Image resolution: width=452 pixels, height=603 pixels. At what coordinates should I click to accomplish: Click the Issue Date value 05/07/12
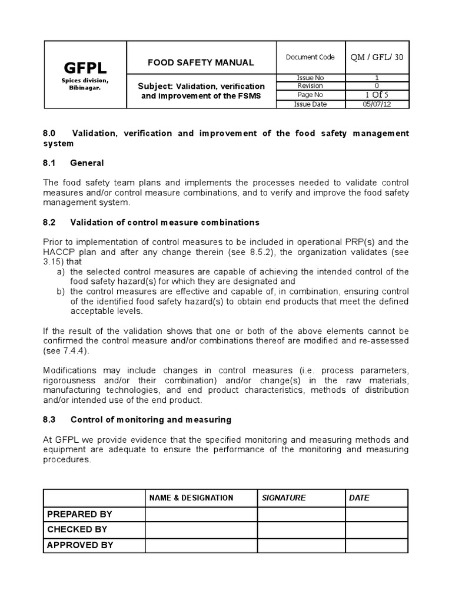[377, 104]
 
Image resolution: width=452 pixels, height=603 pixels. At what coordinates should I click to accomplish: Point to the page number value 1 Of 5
[377, 95]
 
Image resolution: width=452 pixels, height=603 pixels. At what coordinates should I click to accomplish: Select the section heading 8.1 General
[74, 163]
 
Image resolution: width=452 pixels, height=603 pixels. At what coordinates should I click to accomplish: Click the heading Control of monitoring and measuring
[151, 420]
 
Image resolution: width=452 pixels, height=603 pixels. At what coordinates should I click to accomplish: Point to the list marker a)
[61, 271]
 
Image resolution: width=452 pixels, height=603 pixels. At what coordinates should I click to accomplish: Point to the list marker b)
[61, 291]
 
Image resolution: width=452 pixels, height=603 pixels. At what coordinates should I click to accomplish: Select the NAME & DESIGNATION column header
[191, 498]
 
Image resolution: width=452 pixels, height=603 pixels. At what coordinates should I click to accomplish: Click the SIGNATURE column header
[284, 498]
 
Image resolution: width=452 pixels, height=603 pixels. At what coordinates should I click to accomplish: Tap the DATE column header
[359, 498]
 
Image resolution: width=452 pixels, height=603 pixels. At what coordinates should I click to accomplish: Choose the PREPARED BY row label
[79, 514]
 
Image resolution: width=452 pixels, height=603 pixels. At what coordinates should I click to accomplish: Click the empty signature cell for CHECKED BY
[301, 529]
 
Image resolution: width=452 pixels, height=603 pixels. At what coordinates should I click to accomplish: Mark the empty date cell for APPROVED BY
[376, 545]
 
